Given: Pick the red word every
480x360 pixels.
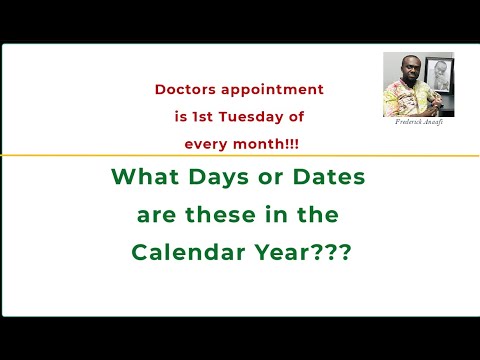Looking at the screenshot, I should pyautogui.click(x=206, y=145).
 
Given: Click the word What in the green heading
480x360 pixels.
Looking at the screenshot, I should pyautogui.click(x=144, y=179).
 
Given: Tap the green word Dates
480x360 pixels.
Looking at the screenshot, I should pyautogui.click(x=324, y=179).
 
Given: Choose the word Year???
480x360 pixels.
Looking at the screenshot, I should pyautogui.click(x=304, y=251).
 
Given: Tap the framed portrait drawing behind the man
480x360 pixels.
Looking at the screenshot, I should pyautogui.click(x=436, y=76).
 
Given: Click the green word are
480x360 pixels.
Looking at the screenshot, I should pyautogui.click(x=157, y=215).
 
